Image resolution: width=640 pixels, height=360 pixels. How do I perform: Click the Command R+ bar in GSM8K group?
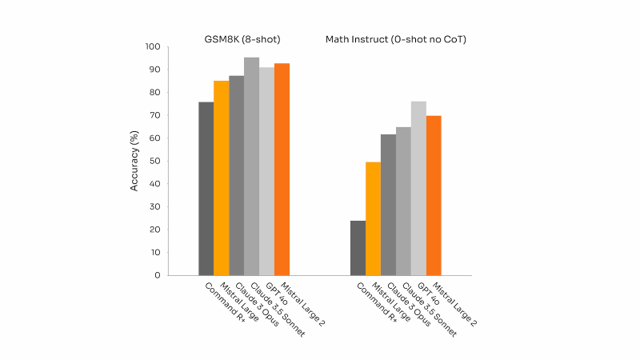point(206,189)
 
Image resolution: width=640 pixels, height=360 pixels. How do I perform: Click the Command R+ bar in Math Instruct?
point(358,248)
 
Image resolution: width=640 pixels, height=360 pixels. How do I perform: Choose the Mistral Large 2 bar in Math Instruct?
point(434,195)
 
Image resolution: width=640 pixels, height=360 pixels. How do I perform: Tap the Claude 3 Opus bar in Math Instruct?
point(388,205)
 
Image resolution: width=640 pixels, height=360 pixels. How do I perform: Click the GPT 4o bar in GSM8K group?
point(266,171)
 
